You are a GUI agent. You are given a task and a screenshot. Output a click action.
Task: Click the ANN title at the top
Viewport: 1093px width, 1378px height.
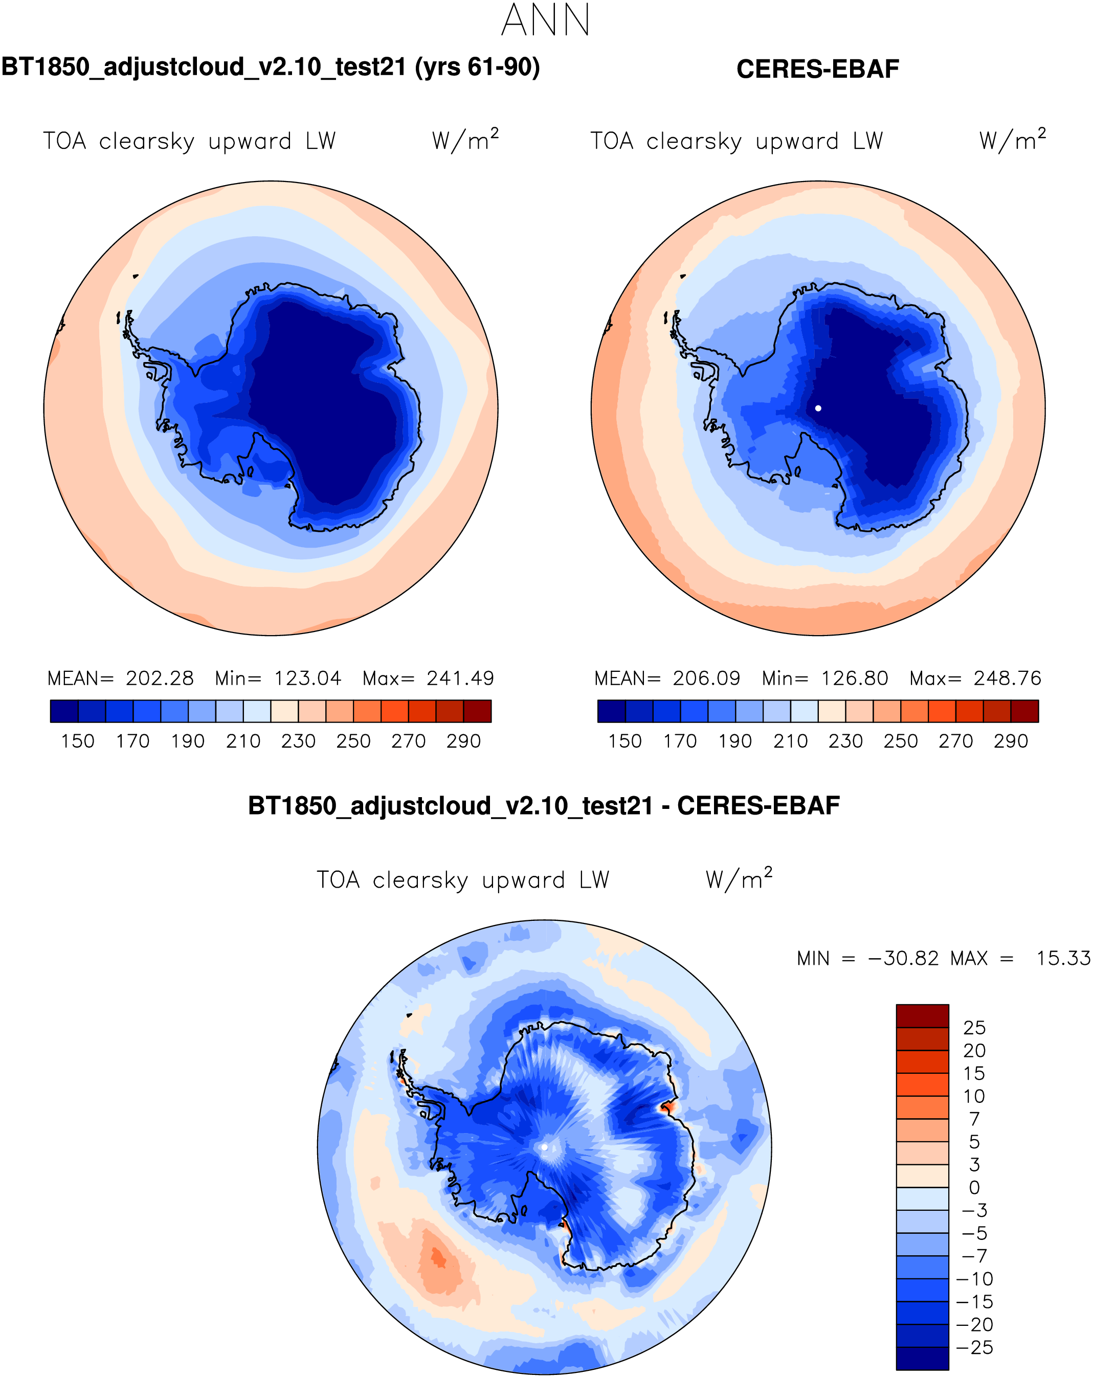tap(545, 20)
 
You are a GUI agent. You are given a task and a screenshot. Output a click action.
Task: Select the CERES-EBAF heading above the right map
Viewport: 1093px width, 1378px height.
tap(817, 69)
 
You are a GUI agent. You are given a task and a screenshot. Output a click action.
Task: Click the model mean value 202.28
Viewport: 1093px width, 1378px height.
tap(159, 678)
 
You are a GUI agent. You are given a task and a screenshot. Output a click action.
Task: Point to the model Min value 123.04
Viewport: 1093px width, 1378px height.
tap(307, 678)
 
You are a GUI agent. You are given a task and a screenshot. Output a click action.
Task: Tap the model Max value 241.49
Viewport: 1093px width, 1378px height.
tap(460, 678)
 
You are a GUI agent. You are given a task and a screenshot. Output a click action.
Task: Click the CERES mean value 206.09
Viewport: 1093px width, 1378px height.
tap(706, 678)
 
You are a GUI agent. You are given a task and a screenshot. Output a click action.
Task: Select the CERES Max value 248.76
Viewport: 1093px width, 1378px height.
tap(1008, 678)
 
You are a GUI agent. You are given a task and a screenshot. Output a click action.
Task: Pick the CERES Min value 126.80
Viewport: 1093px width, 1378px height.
tap(855, 678)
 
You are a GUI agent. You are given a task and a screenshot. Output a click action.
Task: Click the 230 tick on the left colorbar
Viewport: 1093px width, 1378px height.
tap(299, 741)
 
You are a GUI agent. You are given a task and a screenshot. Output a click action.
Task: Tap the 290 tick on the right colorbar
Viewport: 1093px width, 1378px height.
tap(1011, 741)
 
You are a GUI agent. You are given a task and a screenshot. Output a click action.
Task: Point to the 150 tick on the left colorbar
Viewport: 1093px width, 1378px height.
tap(77, 741)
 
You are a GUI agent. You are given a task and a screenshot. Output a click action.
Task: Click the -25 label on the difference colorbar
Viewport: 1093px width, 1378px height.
tap(975, 1347)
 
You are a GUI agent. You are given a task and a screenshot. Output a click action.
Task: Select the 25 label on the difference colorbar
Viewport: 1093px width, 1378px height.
tap(974, 1028)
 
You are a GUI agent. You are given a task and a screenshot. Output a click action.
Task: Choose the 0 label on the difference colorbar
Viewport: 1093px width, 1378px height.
tap(974, 1187)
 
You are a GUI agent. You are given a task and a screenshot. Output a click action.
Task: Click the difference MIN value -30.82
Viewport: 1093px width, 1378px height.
tap(903, 959)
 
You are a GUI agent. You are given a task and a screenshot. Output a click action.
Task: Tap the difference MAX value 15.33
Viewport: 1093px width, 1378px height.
tap(1063, 959)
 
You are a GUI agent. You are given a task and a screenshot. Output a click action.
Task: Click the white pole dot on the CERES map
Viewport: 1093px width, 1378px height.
tap(818, 408)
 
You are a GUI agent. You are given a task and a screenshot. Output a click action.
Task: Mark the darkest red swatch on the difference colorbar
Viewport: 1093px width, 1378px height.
tap(922, 1015)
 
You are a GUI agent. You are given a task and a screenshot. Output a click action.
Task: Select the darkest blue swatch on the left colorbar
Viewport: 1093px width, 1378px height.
tap(64, 711)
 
